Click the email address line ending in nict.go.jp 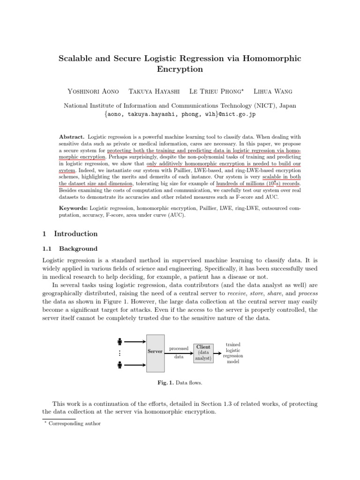pyautogui.click(x=180, y=114)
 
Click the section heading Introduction pyautogui.click(x=76, y=234)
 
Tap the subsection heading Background pyautogui.click(x=78, y=249)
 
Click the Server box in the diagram pyautogui.click(x=155, y=352)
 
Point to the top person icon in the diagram pyautogui.click(x=120, y=341)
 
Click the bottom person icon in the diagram pyautogui.click(x=120, y=364)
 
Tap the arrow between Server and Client pyautogui.click(x=179, y=352)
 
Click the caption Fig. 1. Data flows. pyautogui.click(x=180, y=383)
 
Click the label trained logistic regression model pyautogui.click(x=233, y=353)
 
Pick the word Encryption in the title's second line pyautogui.click(x=180, y=69)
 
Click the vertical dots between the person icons pyautogui.click(x=120, y=353)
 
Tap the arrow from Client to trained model pyautogui.click(x=218, y=353)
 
